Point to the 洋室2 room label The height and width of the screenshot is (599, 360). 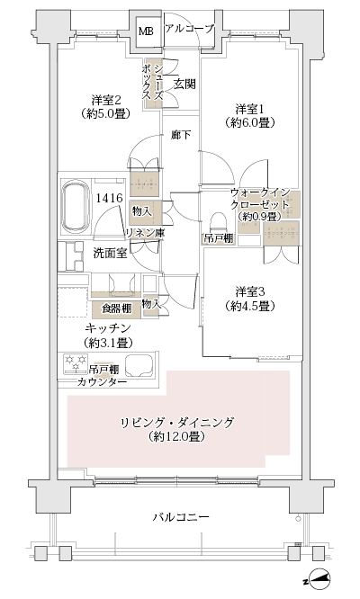[106, 99]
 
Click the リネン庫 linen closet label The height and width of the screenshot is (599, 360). [144, 232]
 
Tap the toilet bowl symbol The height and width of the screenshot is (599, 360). [216, 220]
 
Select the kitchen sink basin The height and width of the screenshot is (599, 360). [141, 365]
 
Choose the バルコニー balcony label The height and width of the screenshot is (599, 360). [180, 517]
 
